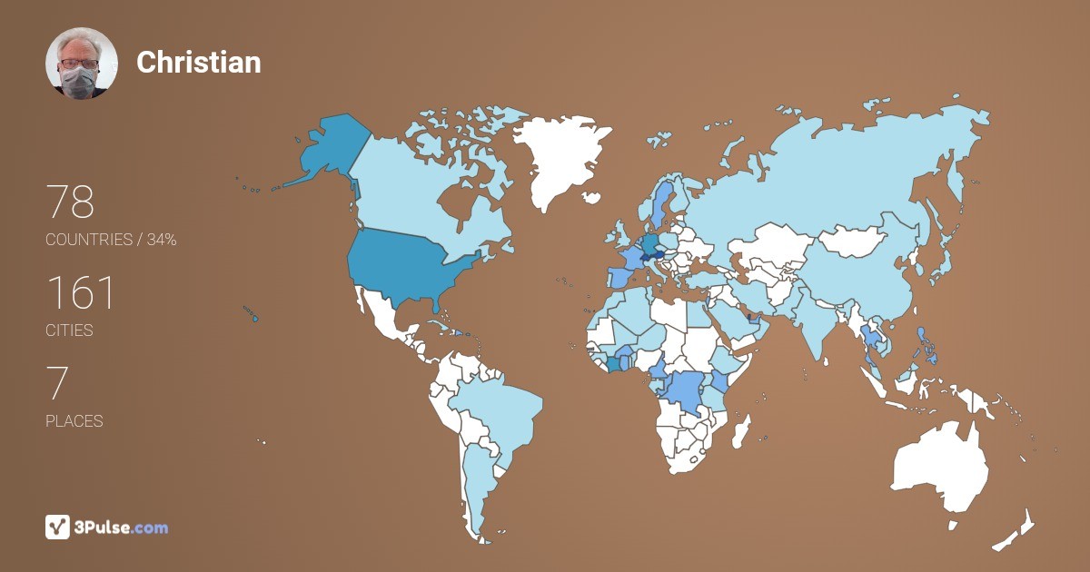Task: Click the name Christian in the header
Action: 198,62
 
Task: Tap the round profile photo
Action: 82,63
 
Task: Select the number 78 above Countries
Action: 70,202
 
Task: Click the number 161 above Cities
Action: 81,293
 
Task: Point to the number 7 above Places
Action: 56,384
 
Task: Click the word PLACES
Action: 74,421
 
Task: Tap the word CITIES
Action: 70,330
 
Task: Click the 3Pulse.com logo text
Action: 122,527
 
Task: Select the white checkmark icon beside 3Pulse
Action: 58,527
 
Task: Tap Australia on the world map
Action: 940,468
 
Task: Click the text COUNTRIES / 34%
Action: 111,240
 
